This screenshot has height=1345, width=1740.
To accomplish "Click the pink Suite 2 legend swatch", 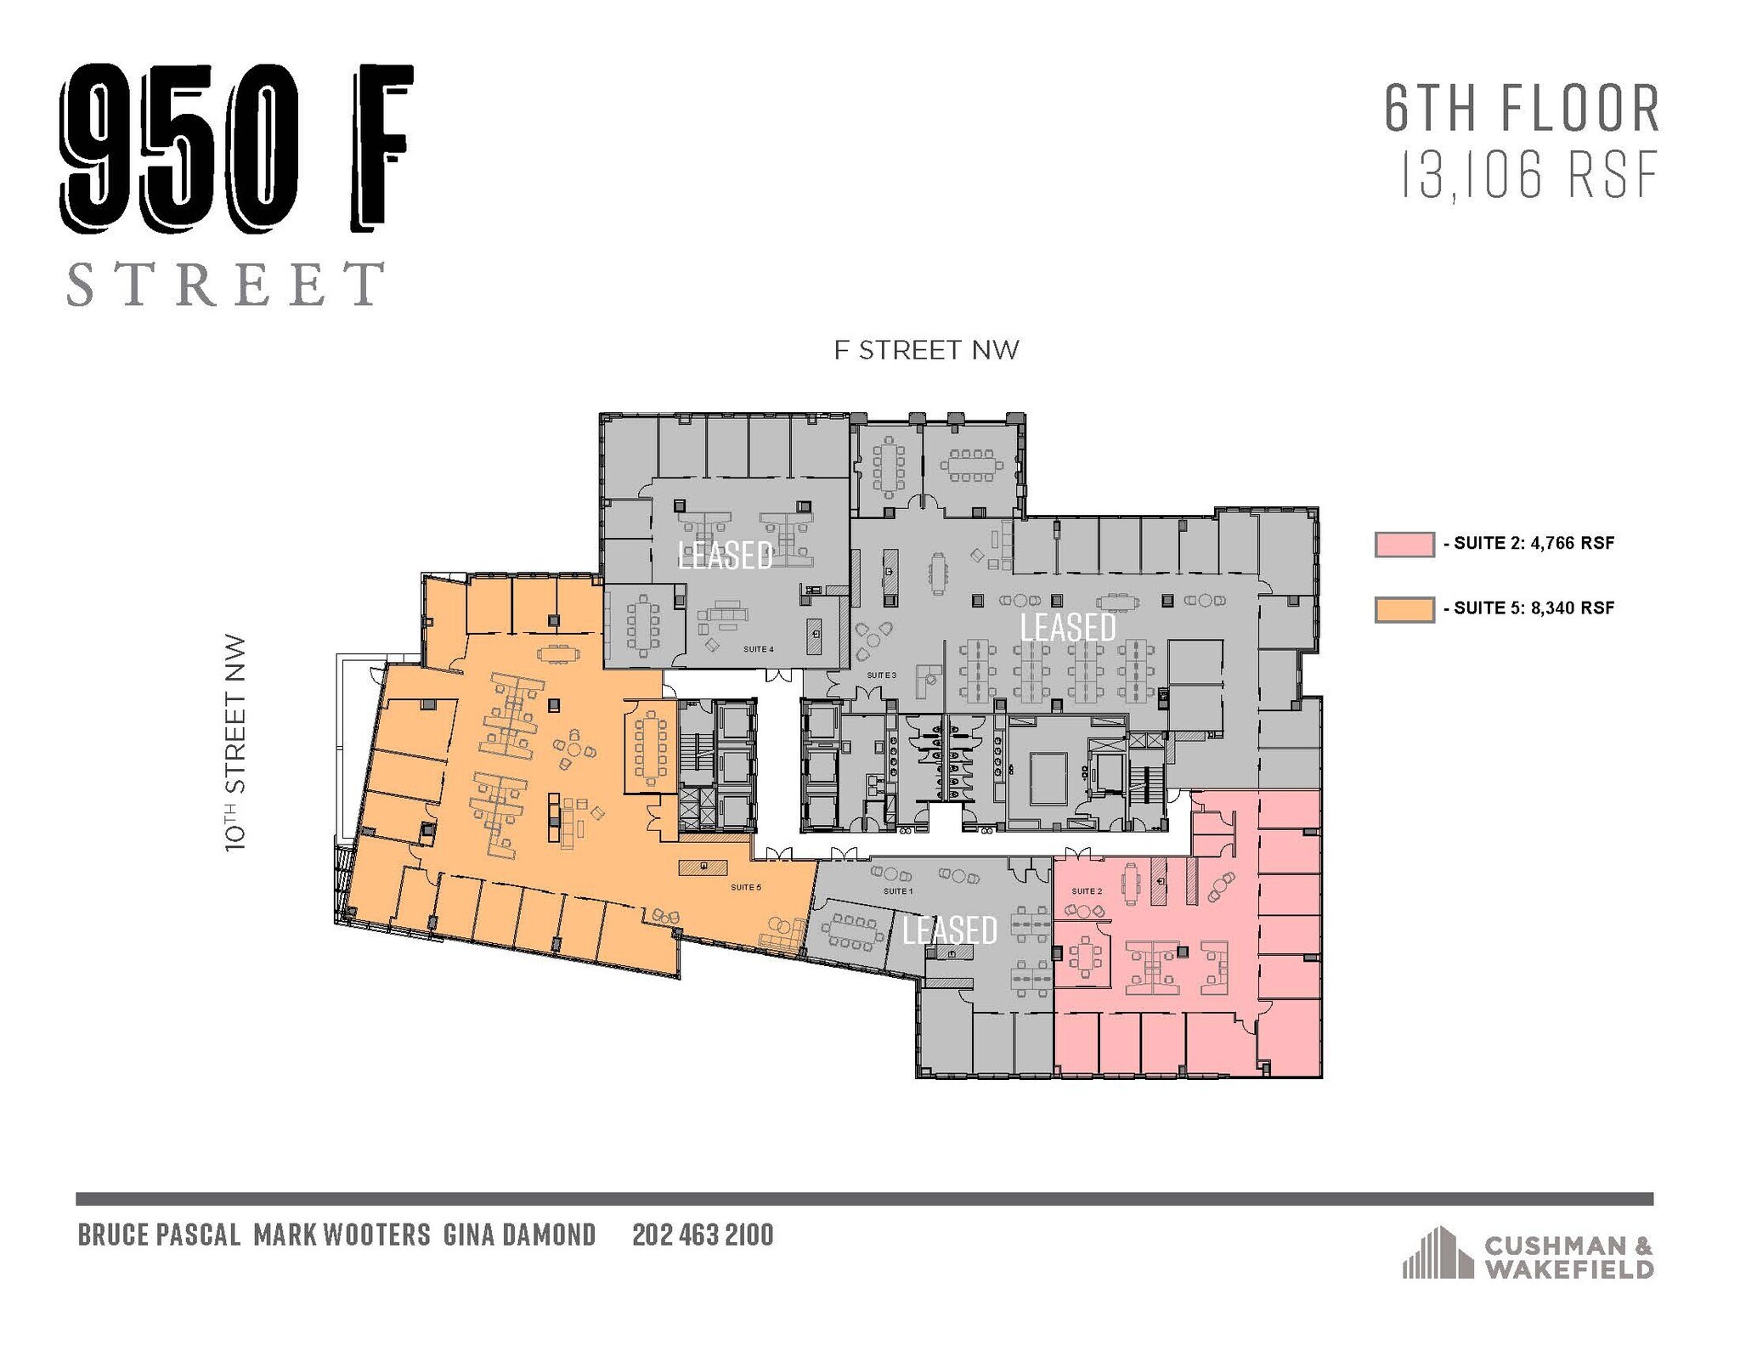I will [x=1404, y=545].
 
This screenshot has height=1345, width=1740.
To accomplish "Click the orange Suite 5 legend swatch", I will [x=1404, y=609].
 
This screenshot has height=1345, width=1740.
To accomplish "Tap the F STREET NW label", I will [x=926, y=351].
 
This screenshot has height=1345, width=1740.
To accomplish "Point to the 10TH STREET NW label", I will [x=235, y=743].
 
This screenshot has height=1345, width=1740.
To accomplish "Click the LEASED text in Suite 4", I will [x=726, y=555].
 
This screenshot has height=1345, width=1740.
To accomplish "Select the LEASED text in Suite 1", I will [x=949, y=930].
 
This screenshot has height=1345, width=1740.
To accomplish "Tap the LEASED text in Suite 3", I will [x=1067, y=627].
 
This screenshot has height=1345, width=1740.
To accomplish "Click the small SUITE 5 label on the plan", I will [x=746, y=888].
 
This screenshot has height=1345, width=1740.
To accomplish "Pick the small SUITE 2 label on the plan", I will [x=1087, y=891].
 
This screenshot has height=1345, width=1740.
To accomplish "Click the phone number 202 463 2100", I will [x=703, y=1235].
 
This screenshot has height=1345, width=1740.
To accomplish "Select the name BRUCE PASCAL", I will [x=159, y=1235].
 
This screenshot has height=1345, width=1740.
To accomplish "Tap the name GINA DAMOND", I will [x=519, y=1235].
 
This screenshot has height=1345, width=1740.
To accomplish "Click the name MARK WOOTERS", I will [x=342, y=1235].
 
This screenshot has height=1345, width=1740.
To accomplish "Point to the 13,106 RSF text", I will [x=1528, y=178].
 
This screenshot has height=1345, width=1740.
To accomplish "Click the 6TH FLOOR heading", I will [x=1522, y=109].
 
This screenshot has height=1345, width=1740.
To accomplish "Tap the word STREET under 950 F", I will [x=225, y=284].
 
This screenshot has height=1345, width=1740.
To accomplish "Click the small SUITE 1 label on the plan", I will [x=898, y=891].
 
